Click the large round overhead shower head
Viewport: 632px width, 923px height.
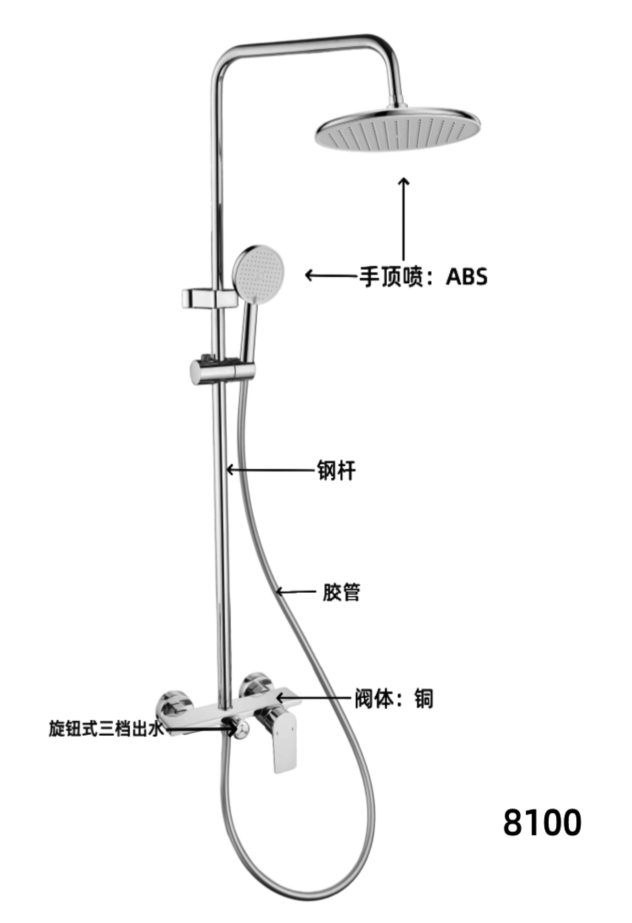tap(398, 128)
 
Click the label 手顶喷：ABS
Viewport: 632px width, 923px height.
tap(423, 277)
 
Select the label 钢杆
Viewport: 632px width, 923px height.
tap(336, 470)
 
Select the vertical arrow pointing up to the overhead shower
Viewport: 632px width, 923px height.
tap(404, 225)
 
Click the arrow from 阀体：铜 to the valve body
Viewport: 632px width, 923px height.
tap(315, 697)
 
